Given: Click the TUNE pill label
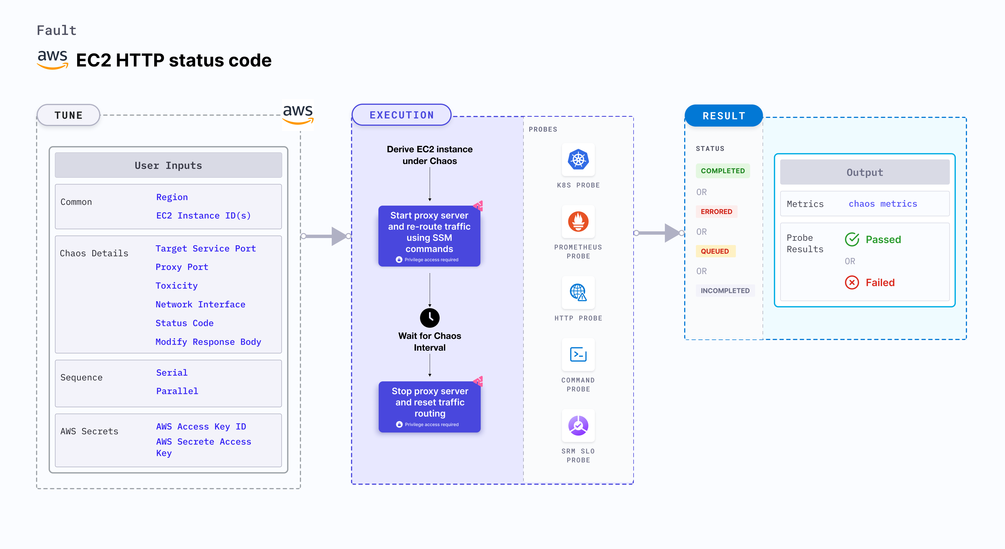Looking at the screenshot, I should pos(69,115).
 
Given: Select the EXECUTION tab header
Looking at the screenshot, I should pos(401,115).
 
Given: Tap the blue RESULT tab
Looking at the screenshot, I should pos(724,116).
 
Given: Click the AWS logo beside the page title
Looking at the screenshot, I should pos(53,60).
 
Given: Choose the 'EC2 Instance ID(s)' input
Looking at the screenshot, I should pos(203,216).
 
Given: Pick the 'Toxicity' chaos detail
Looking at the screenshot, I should pos(176,286).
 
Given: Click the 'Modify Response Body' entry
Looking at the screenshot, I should pos(208,342).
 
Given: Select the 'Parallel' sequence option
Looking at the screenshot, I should pos(177,391).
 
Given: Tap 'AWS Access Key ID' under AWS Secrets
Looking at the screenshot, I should pos(201,427).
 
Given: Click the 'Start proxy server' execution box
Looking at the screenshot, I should pos(429,236).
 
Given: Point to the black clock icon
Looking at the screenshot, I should pos(430,318).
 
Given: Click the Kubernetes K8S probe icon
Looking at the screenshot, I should pos(578,160).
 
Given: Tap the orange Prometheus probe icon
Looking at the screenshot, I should pos(578,222).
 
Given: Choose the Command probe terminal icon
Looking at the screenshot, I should pos(578,355).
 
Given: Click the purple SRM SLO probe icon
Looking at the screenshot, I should pos(578,426).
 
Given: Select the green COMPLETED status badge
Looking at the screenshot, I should pos(722,171).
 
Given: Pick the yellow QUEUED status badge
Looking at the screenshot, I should pos(715,251).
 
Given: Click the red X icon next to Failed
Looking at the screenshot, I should pos(852,282).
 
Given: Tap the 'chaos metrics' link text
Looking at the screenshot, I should pos(883,204).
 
